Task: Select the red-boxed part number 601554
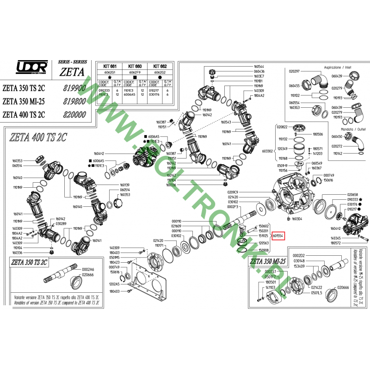[x=278, y=235]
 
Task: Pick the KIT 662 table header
[x=160, y=67]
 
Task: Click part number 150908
[x=264, y=250]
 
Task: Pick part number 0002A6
[x=87, y=269]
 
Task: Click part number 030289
[x=61, y=224]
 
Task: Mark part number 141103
[x=270, y=287]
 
